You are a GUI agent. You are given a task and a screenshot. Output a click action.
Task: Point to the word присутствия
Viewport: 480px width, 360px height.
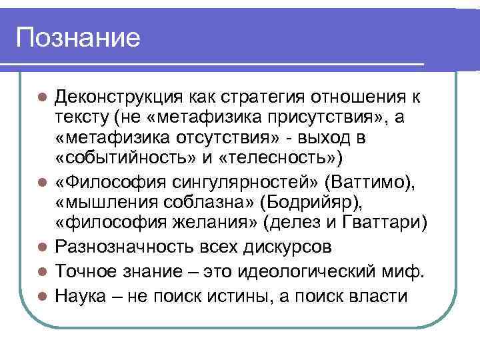pyautogui.click(x=313, y=119)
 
